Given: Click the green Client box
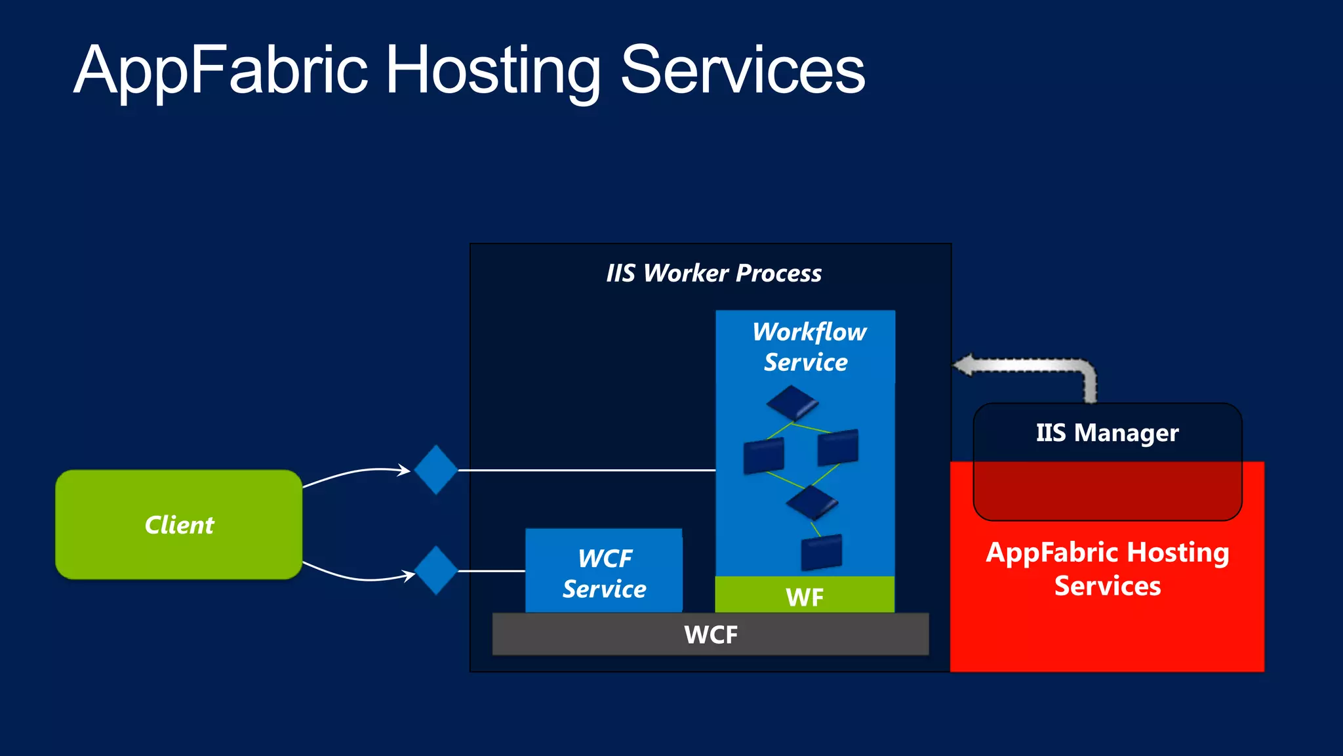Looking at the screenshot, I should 178,524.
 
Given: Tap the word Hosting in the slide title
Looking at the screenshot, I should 492,70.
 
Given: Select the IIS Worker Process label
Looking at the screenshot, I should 713,273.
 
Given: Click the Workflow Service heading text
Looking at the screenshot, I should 808,346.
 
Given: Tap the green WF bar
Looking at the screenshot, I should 805,596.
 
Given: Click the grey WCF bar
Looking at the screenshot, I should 710,635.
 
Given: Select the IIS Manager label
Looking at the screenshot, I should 1107,433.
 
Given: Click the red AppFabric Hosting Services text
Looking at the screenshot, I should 1107,568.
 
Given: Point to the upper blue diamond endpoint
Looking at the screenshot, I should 435,470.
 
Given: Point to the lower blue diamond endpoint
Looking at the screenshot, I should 435,571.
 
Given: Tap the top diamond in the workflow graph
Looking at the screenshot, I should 792,402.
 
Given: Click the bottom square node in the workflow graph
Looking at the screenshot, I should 821,552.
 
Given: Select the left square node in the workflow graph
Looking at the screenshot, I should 763,455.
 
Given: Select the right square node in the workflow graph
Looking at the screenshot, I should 838,446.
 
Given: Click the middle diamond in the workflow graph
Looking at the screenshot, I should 812,502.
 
